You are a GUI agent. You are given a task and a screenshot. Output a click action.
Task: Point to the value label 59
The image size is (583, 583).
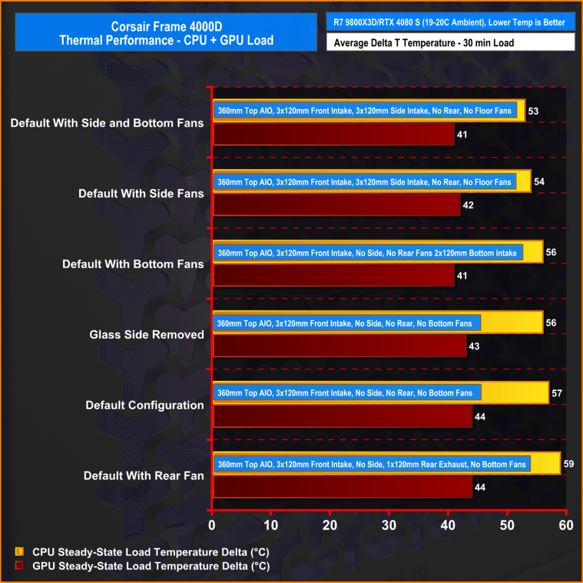pos(568,464)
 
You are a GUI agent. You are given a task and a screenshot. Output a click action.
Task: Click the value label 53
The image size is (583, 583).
pos(533,110)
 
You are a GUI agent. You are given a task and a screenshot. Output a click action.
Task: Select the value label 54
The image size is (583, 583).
pos(539,182)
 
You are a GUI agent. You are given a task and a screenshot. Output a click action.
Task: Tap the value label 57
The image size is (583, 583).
pos(557,393)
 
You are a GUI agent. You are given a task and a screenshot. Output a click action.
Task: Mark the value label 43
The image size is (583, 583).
pos(474,346)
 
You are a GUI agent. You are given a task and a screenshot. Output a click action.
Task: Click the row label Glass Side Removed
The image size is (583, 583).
pos(147,335)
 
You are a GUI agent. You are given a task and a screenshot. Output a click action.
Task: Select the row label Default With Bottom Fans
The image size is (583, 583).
pos(133,264)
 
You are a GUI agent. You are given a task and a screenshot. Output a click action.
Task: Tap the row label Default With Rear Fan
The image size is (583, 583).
pos(144,475)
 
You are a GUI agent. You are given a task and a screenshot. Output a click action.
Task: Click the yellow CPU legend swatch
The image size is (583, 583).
pos(20,552)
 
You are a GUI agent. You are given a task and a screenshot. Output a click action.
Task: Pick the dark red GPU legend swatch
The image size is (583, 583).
pos(20,566)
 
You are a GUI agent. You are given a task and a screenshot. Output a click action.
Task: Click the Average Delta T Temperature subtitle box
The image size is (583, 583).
pos(450,42)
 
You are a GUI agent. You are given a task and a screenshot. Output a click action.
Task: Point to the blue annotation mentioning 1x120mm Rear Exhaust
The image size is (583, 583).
pos(372,464)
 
